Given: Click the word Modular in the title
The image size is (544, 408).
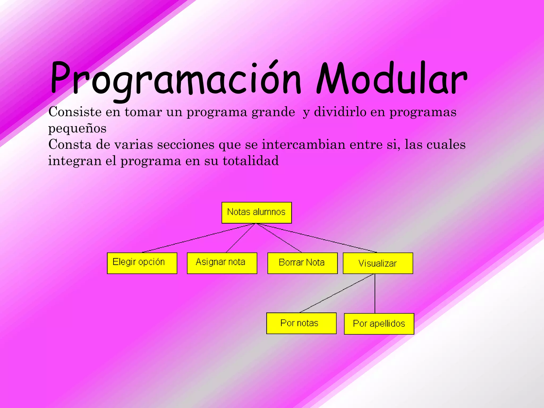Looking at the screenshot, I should point(392,78).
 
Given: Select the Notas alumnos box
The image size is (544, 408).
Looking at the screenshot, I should point(257,212).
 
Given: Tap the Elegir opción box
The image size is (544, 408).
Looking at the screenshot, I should point(142,263).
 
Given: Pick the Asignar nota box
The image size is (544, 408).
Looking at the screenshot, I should point(222,263).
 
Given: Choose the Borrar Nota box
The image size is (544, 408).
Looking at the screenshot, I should point(303,263).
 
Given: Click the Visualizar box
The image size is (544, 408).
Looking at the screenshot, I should point(378,263).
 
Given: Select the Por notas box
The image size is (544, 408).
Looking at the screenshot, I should point(301,323).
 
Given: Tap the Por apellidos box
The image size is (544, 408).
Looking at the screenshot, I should point(379,324).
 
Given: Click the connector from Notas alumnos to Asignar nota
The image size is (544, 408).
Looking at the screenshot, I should point(240,238).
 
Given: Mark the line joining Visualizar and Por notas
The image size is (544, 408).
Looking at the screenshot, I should point(337,293).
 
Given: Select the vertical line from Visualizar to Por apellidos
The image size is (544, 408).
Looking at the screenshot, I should point(375,294).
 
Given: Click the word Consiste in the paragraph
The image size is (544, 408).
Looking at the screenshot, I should point(75,112).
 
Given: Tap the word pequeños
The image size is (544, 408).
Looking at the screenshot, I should point(77,129).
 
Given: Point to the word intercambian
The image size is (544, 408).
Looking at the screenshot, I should point(303,145).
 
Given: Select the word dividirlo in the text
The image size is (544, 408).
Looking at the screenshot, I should point(340,112).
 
